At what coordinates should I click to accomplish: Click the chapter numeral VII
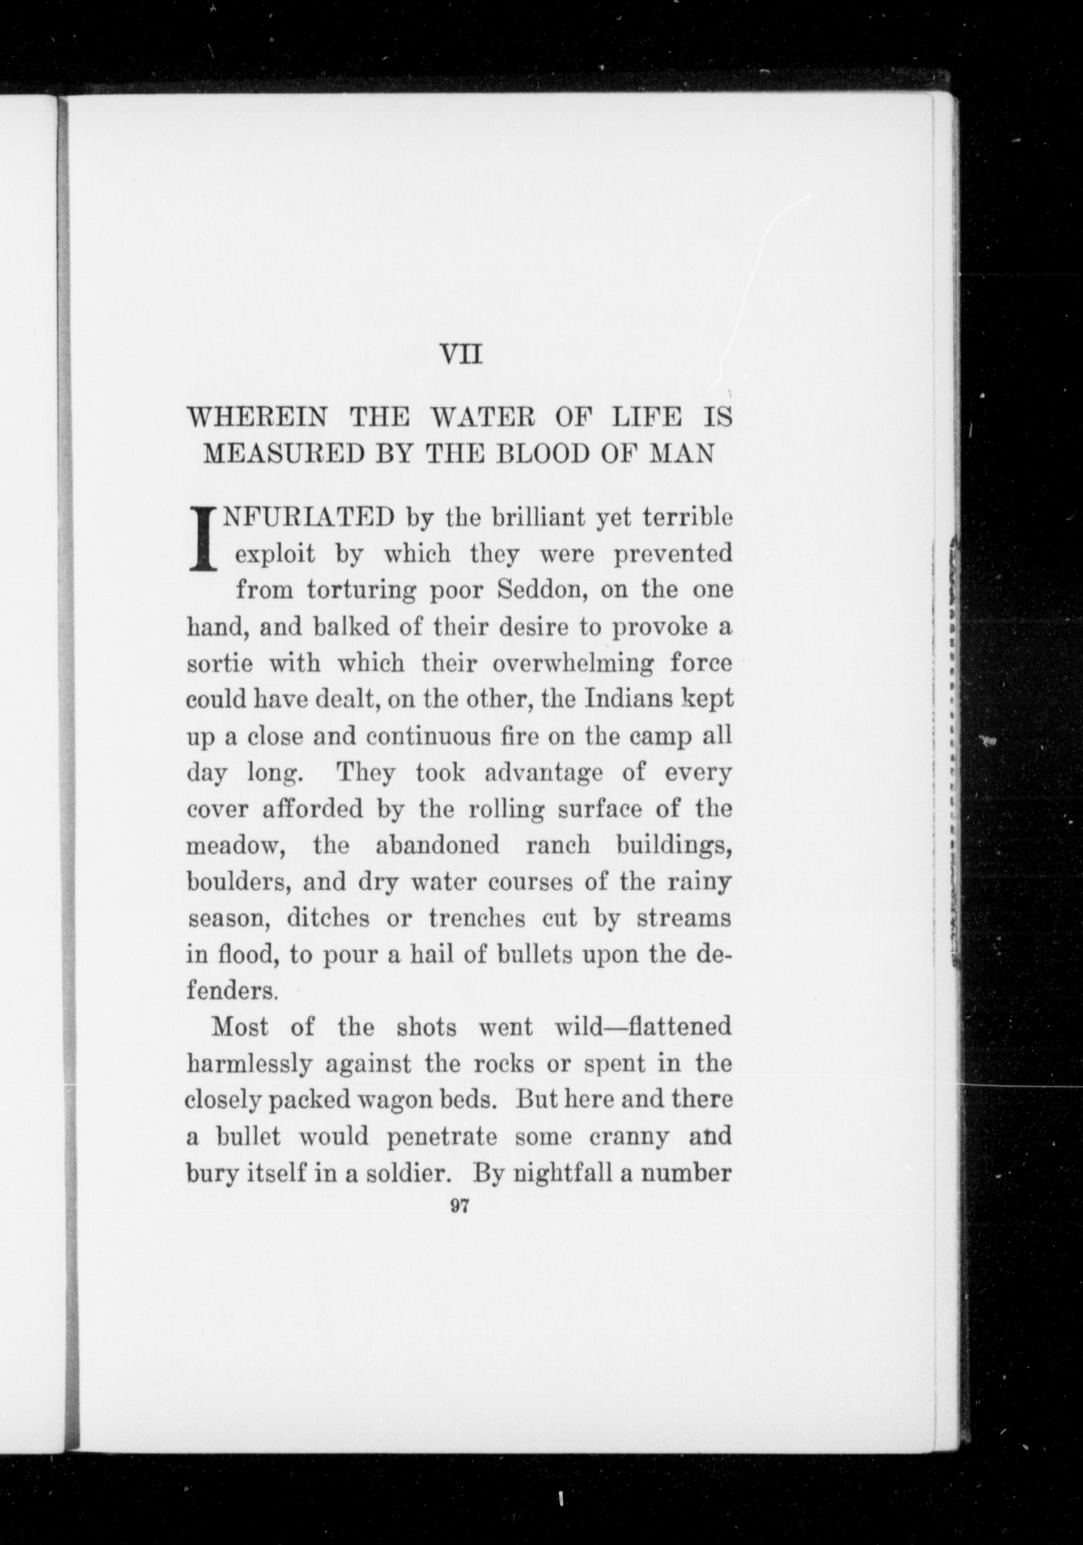461,353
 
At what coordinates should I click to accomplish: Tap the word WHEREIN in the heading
257,419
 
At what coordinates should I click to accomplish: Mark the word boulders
238,881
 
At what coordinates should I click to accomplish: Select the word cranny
629,1136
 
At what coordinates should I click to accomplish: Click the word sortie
220,664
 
